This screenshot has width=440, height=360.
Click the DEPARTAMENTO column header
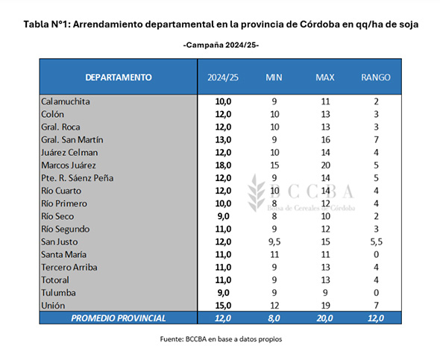[x=119, y=78]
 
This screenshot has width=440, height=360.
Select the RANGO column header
[x=376, y=78]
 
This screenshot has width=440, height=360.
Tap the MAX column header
[x=325, y=78]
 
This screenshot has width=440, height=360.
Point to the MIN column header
[x=274, y=78]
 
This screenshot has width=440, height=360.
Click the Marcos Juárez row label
[x=69, y=165]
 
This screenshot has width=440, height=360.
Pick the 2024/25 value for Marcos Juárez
[x=223, y=165]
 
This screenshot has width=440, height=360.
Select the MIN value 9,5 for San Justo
[x=274, y=241]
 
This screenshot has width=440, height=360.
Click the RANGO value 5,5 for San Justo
[x=376, y=241]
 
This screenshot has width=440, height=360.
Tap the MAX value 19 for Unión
[x=325, y=306]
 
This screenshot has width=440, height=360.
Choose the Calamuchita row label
[x=66, y=101]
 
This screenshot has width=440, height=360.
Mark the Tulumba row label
[x=58, y=293]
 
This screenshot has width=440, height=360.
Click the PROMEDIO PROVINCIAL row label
[x=118, y=318]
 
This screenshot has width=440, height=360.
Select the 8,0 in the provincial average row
[x=274, y=318]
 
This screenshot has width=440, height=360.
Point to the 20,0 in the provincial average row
[x=325, y=318]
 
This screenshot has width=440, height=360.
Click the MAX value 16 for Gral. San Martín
[x=325, y=139]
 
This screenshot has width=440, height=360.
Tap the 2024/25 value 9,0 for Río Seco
[x=224, y=216]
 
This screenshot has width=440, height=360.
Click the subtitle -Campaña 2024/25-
[x=221, y=45]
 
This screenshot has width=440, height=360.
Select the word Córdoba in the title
[x=320, y=25]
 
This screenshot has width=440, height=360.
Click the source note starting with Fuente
[x=221, y=339]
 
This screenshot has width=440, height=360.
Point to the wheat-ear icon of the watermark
[x=256, y=193]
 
